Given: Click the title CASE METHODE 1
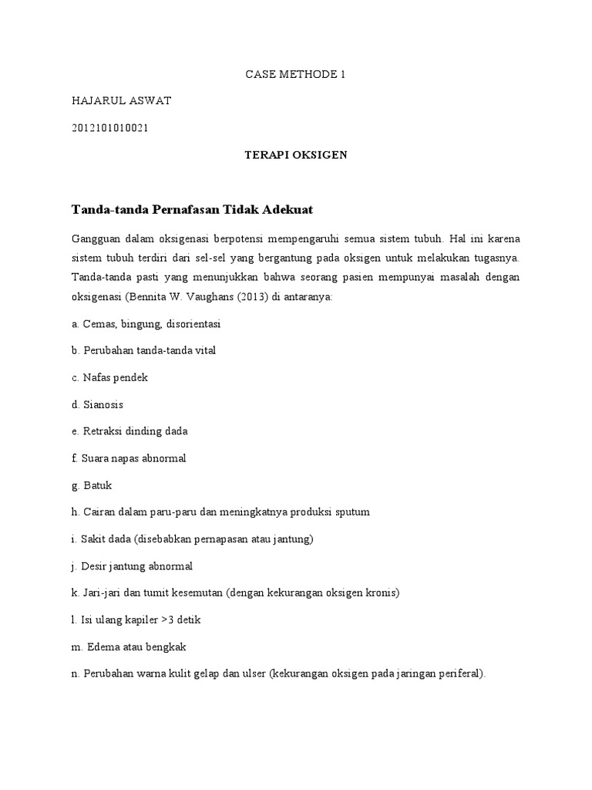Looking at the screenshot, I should [x=295, y=75].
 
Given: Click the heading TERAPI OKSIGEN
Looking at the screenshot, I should [x=296, y=155].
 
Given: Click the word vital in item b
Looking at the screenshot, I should [x=203, y=350].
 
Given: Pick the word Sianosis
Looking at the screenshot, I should [x=103, y=404].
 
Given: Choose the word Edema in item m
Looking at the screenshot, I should [x=100, y=647].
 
